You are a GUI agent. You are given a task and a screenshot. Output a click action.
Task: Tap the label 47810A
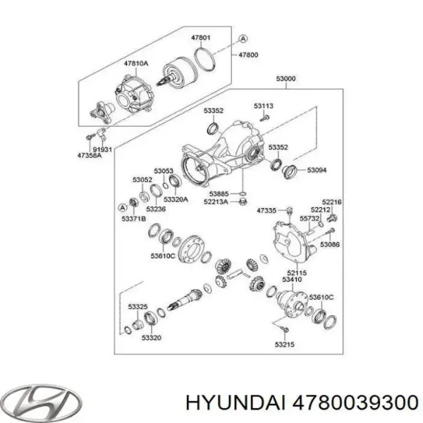tap(137, 63)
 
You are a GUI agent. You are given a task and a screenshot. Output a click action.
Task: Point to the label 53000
tap(286, 80)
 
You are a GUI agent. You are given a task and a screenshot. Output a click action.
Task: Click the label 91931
tap(104, 149)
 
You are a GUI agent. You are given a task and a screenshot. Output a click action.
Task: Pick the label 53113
tap(264, 105)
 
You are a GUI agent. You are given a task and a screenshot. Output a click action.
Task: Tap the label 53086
tap(329, 244)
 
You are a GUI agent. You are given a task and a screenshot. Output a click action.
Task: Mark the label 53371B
tap(134, 219)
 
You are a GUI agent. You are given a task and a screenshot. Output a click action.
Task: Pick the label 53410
tap(291, 280)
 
